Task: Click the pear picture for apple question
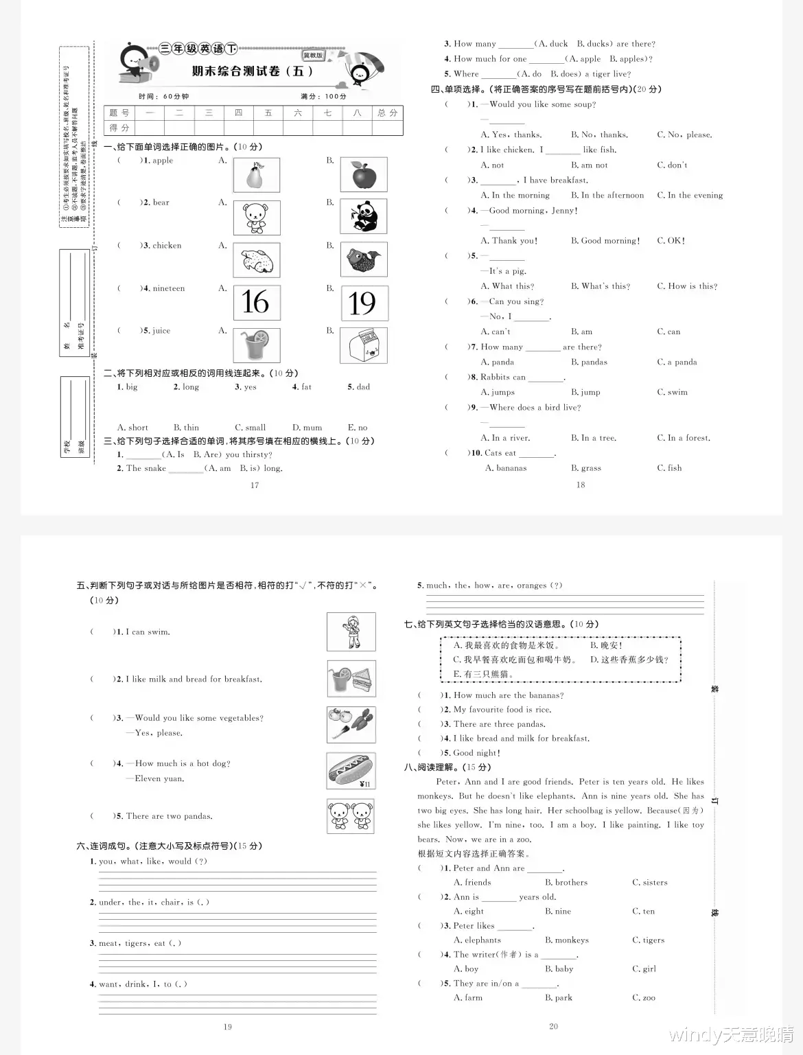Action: [257, 175]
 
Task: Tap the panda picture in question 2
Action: [364, 216]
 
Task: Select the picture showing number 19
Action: [364, 303]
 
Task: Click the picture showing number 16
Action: [257, 303]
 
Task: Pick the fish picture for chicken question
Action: [364, 259]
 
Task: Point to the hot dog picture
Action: [351, 770]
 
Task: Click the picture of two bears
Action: [351, 816]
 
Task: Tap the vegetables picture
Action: [351, 724]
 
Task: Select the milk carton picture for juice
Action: [364, 345]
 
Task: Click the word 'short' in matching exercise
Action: [138, 427]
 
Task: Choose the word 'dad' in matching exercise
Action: [363, 387]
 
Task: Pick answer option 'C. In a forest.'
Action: [684, 437]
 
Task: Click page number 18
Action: [581, 485]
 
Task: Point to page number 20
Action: [554, 1026]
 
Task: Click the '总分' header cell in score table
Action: [388, 113]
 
